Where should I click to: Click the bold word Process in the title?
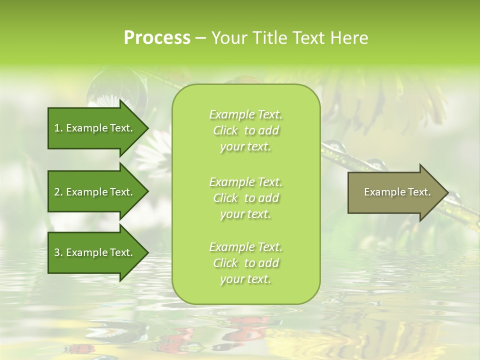point(157,38)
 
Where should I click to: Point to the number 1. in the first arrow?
point(58,128)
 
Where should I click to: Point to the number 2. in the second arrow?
point(58,192)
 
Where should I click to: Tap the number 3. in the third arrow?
point(58,252)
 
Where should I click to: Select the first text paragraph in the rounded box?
point(245,130)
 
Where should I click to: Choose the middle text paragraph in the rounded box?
point(245,197)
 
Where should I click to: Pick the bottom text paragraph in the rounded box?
point(245,263)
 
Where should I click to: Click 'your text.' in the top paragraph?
point(245,147)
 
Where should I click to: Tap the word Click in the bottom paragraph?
point(225,263)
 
